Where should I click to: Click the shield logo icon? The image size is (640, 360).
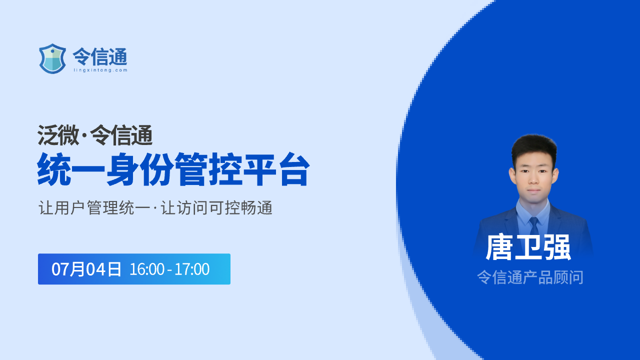pyautogui.click(x=52, y=59)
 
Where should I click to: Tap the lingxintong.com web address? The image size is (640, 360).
pyautogui.click(x=100, y=70)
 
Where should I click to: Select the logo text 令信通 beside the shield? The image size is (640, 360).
pyautogui.click(x=100, y=56)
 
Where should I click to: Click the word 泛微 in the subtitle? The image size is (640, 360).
pyautogui.click(x=58, y=135)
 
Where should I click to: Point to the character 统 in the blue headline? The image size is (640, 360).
pyautogui.click(x=54, y=169)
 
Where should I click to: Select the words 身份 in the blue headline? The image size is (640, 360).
pyautogui.click(x=140, y=169)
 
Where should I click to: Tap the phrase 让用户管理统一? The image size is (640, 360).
pyautogui.click(x=94, y=207)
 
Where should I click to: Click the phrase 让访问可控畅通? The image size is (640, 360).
pyautogui.click(x=216, y=207)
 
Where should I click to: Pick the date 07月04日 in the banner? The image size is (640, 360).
pyautogui.click(x=86, y=269)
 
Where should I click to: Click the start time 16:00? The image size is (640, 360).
pyautogui.click(x=147, y=269)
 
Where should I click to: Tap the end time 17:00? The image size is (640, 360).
pyautogui.click(x=192, y=269)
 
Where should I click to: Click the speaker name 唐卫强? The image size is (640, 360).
pyautogui.click(x=528, y=247)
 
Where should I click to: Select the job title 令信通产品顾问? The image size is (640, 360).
pyautogui.click(x=530, y=277)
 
